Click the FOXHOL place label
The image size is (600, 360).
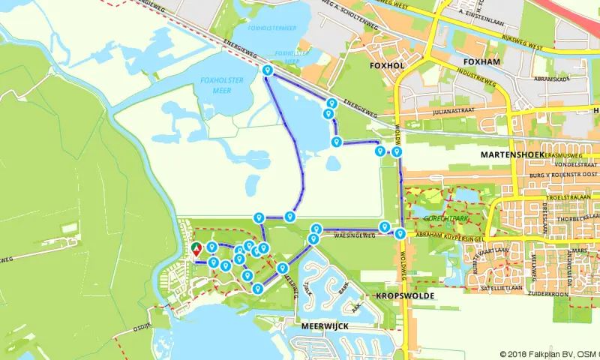(387, 65)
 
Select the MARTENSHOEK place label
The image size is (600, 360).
(511, 154)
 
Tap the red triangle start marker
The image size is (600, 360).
(196, 249)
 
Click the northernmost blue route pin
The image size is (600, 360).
(267, 70)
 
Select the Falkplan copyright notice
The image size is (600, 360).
(549, 354)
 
